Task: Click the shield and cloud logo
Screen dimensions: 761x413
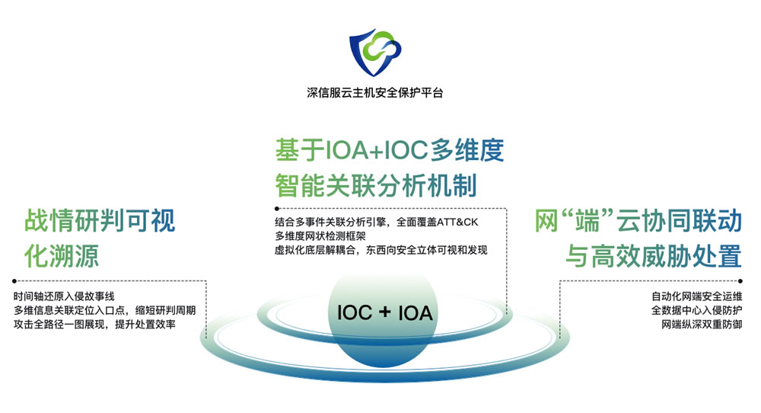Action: point(375,52)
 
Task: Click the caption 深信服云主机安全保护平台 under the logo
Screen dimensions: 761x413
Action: point(374,92)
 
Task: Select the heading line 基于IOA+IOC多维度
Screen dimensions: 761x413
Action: point(389,149)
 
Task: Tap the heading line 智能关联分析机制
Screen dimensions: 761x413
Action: point(376,185)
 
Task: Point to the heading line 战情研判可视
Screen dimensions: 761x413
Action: point(100,220)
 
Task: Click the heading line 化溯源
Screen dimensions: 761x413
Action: point(62,255)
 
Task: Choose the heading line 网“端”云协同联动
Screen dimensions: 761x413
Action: point(638,220)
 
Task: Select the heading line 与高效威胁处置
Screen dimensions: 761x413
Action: point(654,255)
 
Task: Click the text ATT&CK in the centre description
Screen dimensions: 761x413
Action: point(457,222)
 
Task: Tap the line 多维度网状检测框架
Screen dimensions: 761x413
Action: point(320,236)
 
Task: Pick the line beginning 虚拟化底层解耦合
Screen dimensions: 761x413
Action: point(381,250)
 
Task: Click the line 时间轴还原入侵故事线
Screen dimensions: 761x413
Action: point(64,296)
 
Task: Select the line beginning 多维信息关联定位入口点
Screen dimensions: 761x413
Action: point(104,310)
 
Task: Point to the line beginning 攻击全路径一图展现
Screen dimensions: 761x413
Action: point(94,325)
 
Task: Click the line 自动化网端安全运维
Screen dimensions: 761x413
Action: point(696,296)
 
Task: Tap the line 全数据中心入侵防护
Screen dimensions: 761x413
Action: point(696,310)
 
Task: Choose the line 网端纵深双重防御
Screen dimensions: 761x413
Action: point(702,325)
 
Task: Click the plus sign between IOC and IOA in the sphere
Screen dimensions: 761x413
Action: point(385,312)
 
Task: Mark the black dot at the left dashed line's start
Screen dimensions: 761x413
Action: point(14,281)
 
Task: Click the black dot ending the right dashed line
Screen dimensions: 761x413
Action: point(740,281)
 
